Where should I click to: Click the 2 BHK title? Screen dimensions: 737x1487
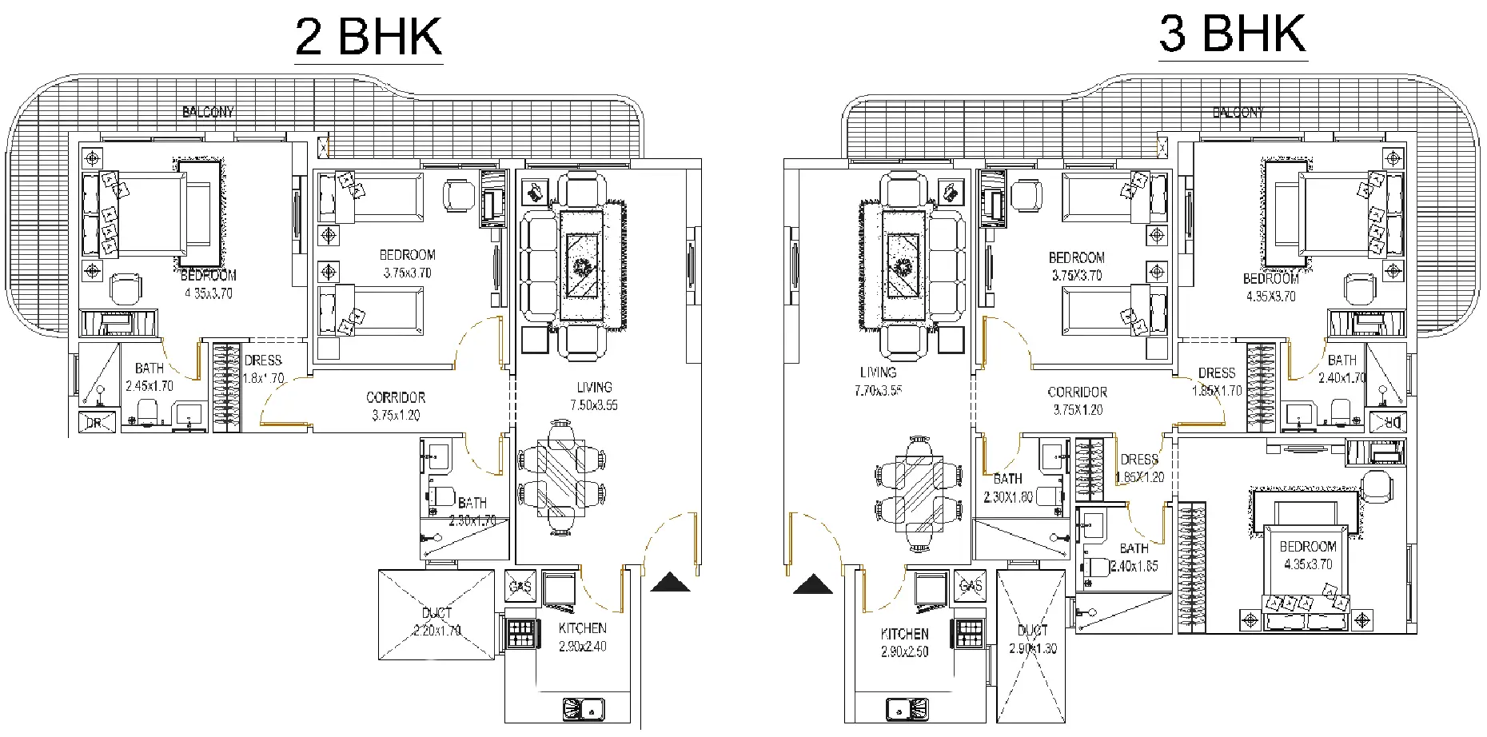[x=369, y=37]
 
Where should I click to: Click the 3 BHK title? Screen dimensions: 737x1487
[x=1232, y=34]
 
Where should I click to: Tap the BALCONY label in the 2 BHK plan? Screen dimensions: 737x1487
[x=208, y=112]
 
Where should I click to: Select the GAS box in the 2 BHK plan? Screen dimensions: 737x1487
[x=520, y=587]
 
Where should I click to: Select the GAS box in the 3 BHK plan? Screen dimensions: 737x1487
[x=971, y=586]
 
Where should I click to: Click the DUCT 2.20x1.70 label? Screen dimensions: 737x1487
[x=437, y=621]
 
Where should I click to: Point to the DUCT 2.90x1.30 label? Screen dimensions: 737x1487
[x=1032, y=639]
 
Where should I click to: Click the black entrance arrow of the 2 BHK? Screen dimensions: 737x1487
[x=670, y=583]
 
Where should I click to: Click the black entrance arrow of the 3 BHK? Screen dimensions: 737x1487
[x=813, y=585]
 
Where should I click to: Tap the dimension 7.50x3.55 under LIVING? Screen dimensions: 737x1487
[x=594, y=405]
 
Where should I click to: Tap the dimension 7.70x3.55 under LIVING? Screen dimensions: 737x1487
[x=878, y=391]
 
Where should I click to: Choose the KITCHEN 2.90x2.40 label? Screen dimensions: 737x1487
[x=582, y=637]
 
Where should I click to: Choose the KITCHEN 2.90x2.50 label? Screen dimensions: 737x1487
[x=904, y=643]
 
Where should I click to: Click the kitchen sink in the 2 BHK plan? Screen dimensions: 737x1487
[x=584, y=709]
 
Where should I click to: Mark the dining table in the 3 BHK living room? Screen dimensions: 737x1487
[x=919, y=494]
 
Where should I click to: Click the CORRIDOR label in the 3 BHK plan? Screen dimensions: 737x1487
[x=1077, y=392]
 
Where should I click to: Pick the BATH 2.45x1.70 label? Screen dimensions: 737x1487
[x=149, y=376]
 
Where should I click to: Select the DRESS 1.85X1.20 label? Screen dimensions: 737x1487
[x=1139, y=468]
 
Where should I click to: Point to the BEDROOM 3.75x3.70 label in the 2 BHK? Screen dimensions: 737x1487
[x=407, y=264]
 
